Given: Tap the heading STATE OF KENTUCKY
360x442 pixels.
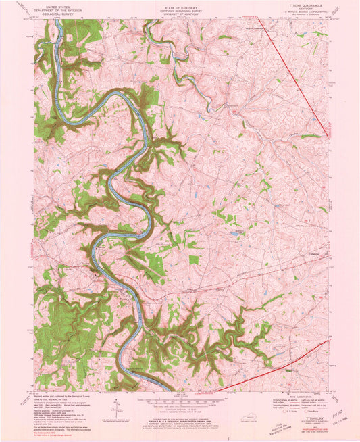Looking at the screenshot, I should tap(180, 4).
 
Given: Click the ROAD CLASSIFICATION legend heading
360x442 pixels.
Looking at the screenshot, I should tap(297, 395).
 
